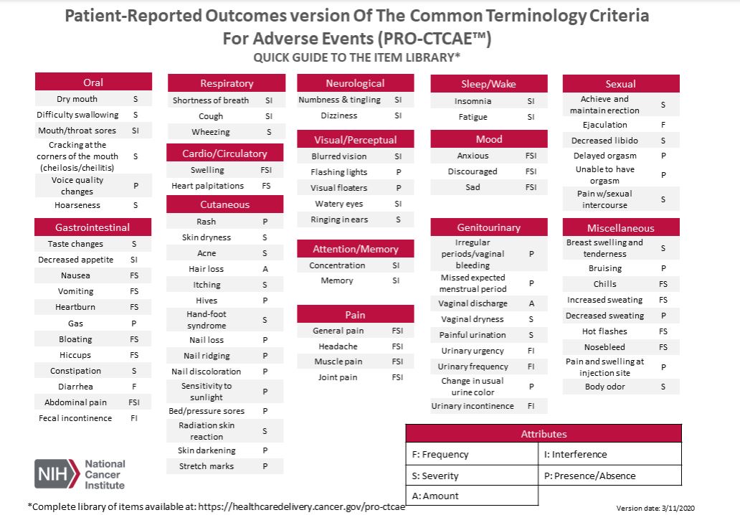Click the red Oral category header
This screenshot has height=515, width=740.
click(93, 82)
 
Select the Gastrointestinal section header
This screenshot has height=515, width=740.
click(93, 227)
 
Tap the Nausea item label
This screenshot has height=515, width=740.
click(75, 275)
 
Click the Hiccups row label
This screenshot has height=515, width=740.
click(75, 355)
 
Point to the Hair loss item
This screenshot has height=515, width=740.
click(207, 269)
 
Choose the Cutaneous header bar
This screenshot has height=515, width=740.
click(225, 204)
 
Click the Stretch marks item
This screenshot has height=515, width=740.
click(207, 466)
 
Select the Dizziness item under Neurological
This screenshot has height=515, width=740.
click(339, 115)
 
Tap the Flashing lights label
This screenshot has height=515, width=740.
click(338, 172)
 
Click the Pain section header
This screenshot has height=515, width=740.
click(355, 314)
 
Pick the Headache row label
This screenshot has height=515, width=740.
click(338, 346)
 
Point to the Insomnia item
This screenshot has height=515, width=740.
click(473, 102)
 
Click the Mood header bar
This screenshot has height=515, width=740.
click(489, 139)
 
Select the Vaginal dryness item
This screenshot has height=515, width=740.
click(473, 319)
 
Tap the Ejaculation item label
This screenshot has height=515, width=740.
click(604, 125)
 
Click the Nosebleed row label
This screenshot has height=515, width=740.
click(604, 347)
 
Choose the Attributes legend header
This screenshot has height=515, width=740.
click(543, 434)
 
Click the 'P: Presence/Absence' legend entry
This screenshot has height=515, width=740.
click(590, 476)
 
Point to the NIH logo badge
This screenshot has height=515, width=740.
click(57, 474)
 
